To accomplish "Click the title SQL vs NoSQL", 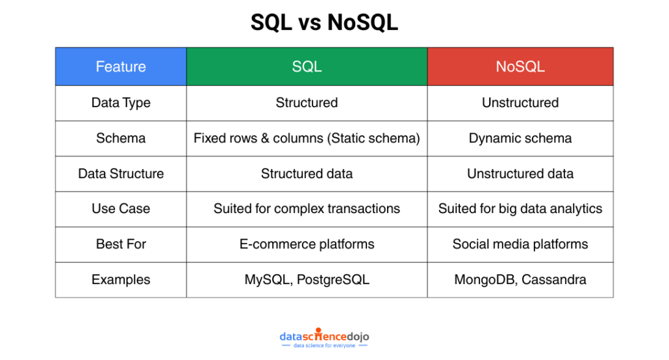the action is (x=324, y=22).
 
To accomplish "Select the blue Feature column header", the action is (x=121, y=67).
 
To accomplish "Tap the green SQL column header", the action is (x=307, y=67).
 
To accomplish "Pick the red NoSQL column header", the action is (x=520, y=67).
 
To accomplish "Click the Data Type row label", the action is (x=121, y=103).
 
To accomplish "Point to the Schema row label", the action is (x=121, y=138).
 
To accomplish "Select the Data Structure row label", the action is (x=121, y=174).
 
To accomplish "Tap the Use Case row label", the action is (x=121, y=209).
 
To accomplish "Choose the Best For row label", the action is (x=121, y=244).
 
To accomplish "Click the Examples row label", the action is (x=121, y=279).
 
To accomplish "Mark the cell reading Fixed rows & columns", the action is (x=307, y=138).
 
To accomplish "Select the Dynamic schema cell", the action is (x=520, y=138).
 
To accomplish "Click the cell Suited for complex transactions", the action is (x=307, y=209).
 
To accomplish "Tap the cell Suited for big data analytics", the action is (x=520, y=209).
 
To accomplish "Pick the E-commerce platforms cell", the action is (x=307, y=244).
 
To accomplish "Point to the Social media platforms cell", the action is (x=520, y=244).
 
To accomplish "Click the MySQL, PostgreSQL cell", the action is (x=307, y=279).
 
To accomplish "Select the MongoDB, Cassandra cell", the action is (x=520, y=279).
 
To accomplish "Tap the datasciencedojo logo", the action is (x=324, y=338).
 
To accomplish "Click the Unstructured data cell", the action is (x=520, y=174).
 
